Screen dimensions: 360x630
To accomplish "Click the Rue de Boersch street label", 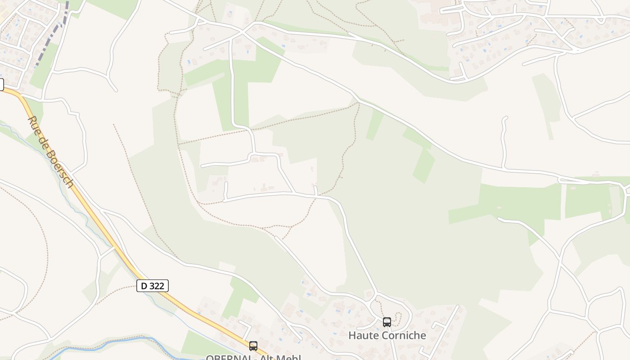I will [x=50, y=152].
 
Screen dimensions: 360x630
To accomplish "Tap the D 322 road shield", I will [x=153, y=286].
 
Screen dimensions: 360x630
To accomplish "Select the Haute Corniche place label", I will [x=387, y=335].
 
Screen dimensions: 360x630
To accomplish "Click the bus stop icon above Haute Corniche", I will [x=387, y=322].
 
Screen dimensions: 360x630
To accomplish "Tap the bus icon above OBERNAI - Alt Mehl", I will [x=253, y=346].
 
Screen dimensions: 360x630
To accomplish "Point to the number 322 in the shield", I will [x=158, y=286].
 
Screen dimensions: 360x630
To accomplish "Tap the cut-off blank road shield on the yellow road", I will [x=1, y=84].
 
